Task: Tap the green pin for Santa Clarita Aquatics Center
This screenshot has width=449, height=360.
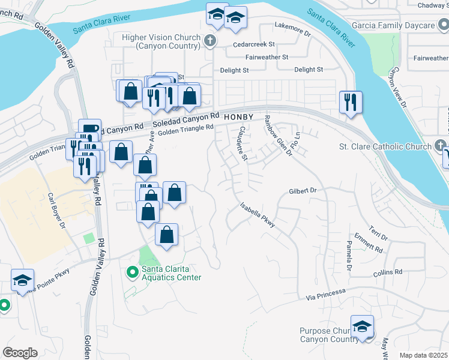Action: tap(132, 272)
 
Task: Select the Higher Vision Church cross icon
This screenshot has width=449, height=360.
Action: tap(209, 41)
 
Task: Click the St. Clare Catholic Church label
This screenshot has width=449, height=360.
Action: tap(385, 146)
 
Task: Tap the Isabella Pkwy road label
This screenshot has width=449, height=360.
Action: tap(258, 214)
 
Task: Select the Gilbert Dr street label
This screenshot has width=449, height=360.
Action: tap(302, 190)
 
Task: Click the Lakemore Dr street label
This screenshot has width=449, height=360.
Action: tap(292, 26)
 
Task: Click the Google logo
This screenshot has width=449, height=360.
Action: tap(20, 353)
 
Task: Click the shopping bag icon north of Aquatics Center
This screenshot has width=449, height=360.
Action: tap(167, 235)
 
